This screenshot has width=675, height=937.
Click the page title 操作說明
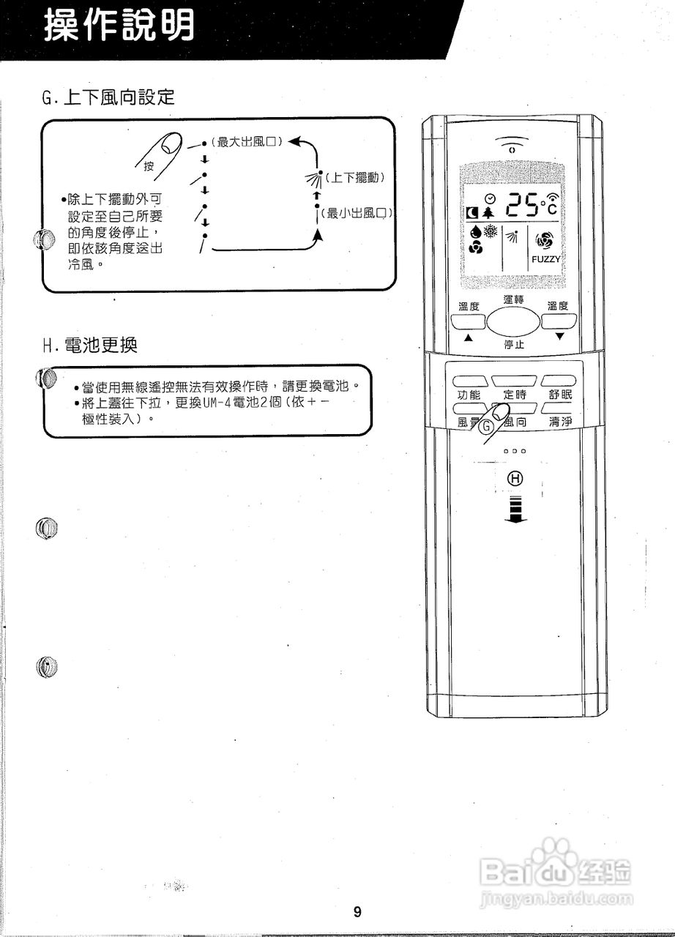point(120,27)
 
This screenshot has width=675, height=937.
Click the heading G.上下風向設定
point(109,97)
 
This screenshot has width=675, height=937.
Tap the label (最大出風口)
point(247,141)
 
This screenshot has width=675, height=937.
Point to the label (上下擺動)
point(355,177)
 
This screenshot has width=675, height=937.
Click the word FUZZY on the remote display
point(545,259)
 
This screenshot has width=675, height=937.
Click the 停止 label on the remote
point(513,344)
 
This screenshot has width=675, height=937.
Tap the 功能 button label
point(469,395)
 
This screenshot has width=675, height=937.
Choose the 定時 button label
point(514,395)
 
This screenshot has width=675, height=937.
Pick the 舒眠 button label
point(560,395)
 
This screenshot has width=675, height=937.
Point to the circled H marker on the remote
point(516,479)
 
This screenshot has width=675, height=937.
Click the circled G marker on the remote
point(487,431)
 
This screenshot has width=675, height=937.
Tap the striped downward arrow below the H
point(516,508)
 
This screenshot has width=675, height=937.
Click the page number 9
point(357,911)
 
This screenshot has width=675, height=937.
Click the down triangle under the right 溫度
point(559,337)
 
